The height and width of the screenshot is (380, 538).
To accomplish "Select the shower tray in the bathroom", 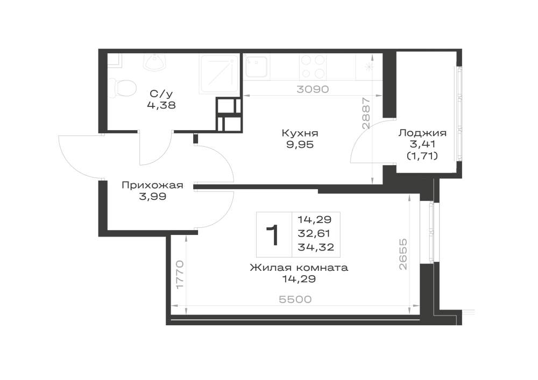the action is pos(219,74).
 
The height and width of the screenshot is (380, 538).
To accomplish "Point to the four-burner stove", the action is pos(313,67).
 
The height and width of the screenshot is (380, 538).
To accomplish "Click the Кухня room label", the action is pos(300,133).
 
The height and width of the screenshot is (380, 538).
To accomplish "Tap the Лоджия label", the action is pos(422,133).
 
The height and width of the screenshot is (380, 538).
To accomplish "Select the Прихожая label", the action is pos(152,185).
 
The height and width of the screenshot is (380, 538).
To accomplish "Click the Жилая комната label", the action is pos(299,267).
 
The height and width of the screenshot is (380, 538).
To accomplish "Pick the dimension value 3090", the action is pos(313,89).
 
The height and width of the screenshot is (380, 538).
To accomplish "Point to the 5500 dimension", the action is pos(295,299).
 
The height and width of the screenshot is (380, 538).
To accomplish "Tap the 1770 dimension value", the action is pos(180,275).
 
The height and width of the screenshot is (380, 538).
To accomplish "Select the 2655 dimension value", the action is pos(402,254).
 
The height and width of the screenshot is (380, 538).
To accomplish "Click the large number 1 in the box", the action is pos(273,235).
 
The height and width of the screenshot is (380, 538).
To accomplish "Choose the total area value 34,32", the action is pos(316,247).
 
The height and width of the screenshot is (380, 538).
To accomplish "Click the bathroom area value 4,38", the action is pos(161,105).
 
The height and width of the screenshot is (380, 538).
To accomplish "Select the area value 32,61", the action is pos(314,233).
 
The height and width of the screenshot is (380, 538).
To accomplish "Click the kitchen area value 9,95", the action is pos(300,145).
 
